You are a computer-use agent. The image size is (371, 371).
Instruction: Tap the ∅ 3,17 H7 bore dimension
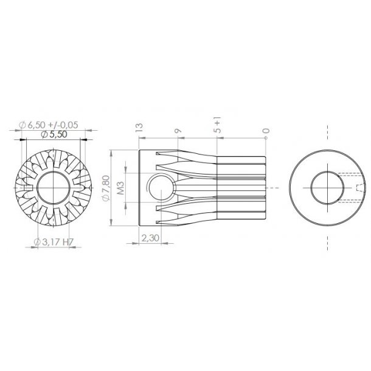(55, 243)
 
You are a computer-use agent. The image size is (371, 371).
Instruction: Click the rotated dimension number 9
(177, 130)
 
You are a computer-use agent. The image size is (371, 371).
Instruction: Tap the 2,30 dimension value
(148, 238)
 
